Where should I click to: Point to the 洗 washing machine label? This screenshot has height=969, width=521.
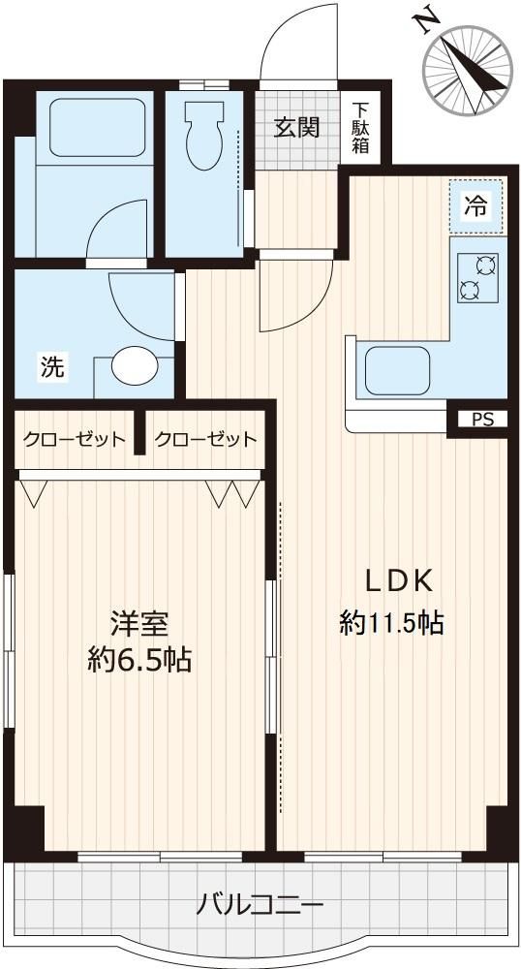53,367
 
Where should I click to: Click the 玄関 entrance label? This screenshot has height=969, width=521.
297,127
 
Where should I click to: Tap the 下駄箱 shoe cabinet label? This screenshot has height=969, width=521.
360,128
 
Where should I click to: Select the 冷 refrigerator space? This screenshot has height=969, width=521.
476,205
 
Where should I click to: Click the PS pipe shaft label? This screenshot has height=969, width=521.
481,420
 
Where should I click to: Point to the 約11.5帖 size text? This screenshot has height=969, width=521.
391,623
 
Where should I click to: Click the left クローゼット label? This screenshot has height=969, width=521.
75,439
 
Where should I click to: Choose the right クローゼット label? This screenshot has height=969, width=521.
205,439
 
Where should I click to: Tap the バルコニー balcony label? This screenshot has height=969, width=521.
260,906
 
